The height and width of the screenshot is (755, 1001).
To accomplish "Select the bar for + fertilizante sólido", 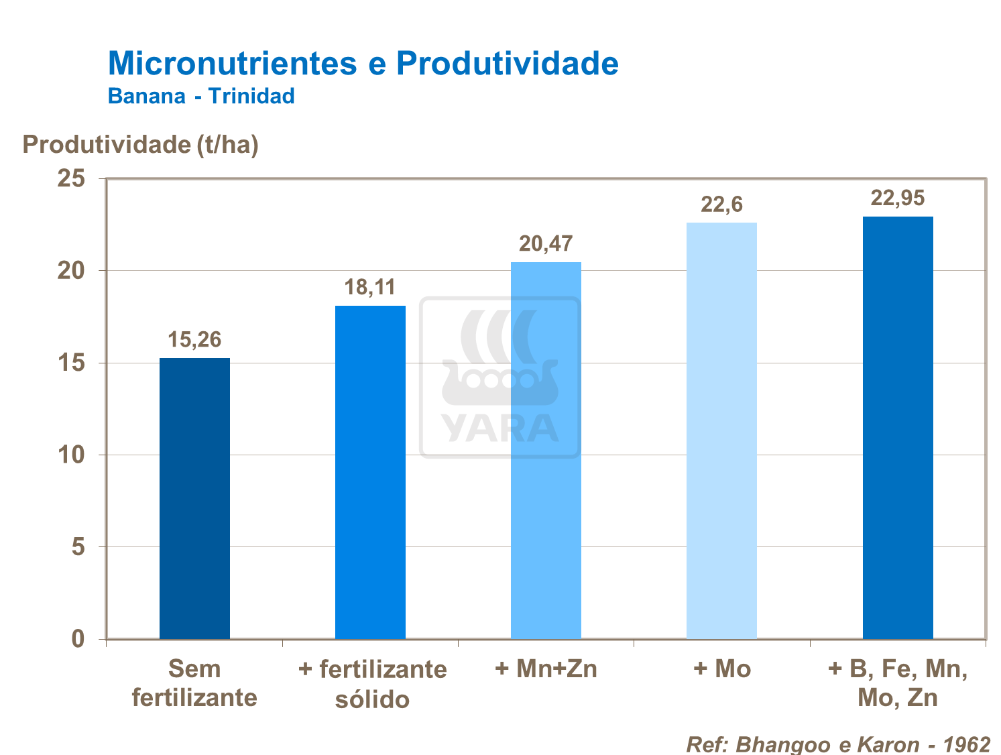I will (x=370, y=472).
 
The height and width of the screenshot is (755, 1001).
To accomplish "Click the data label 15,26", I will (x=194, y=340).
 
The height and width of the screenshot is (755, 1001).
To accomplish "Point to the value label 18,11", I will (x=370, y=288).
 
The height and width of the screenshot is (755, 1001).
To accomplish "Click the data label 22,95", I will (x=897, y=198).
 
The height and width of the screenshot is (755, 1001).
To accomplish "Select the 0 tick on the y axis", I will (x=78, y=639).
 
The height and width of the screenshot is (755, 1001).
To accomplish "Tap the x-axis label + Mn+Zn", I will (x=546, y=669).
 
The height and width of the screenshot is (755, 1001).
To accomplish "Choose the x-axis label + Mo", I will (x=721, y=669).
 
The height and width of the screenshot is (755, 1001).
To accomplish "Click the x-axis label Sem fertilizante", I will (x=194, y=683).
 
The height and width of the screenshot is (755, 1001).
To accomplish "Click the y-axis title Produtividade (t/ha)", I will (x=140, y=145).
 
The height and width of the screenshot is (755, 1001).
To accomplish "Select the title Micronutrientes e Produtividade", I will (x=363, y=64).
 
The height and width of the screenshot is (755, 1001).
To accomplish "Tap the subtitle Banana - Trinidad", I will (x=201, y=96).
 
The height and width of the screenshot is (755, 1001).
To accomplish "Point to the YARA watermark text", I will (x=499, y=428).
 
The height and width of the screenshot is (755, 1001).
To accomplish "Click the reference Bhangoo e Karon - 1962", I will (x=838, y=744).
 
